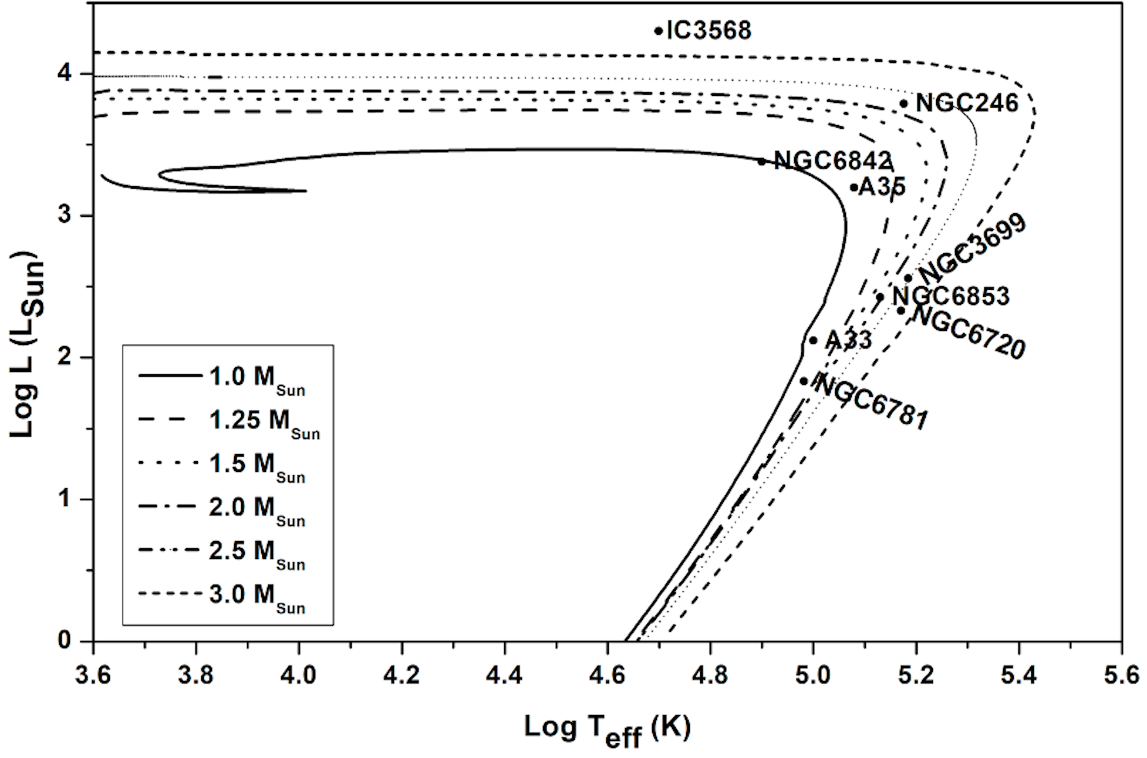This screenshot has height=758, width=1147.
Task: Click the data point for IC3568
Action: coord(658,31)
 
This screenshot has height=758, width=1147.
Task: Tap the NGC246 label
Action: coord(967,103)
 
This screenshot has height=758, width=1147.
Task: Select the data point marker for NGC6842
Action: coord(761,161)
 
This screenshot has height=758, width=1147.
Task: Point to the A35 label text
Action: coord(882,187)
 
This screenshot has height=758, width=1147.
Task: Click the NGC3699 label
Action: coord(972,249)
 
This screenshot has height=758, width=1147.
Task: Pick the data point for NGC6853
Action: coord(880,297)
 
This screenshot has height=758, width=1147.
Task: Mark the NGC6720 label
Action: coord(969,332)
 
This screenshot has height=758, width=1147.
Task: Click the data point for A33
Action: coord(813,340)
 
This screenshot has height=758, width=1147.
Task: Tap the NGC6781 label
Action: coord(872,403)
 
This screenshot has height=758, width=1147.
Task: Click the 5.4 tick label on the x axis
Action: coord(1018,676)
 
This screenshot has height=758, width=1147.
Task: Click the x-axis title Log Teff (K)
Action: coord(607,729)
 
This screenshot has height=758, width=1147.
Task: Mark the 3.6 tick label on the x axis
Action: coord(93,676)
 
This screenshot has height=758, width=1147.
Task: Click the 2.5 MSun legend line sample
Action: coord(170,551)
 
